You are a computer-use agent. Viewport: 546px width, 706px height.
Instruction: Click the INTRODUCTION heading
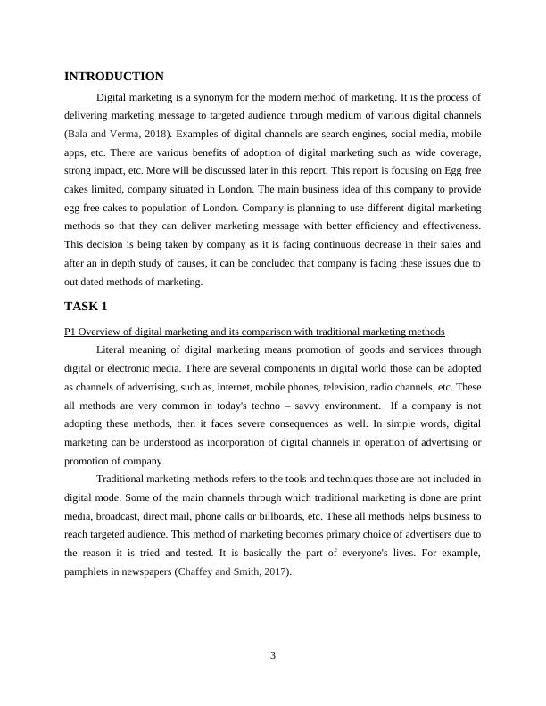[114, 77]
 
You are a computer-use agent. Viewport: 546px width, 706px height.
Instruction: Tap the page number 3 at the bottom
[273, 656]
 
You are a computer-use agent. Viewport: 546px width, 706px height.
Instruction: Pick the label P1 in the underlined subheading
[70, 332]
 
